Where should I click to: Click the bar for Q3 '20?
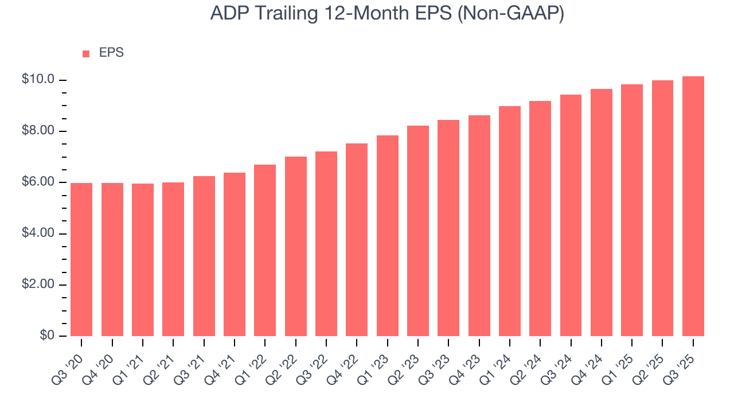click(x=81, y=259)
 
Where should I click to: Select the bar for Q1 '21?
click(x=143, y=260)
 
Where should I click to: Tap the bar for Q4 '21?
click(x=235, y=254)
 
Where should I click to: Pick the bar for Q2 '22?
click(x=296, y=246)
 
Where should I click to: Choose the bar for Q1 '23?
click(x=388, y=236)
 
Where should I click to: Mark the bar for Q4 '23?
click(x=479, y=225)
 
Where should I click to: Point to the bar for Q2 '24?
click(x=540, y=219)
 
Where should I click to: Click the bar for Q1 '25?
click(x=632, y=210)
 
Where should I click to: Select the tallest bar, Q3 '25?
click(x=693, y=206)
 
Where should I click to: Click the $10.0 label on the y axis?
click(x=38, y=80)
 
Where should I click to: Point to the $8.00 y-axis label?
click(x=38, y=131)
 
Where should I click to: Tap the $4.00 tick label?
click(x=38, y=233)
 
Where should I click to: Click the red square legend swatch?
click(x=86, y=53)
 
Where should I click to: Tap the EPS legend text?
click(x=111, y=53)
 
